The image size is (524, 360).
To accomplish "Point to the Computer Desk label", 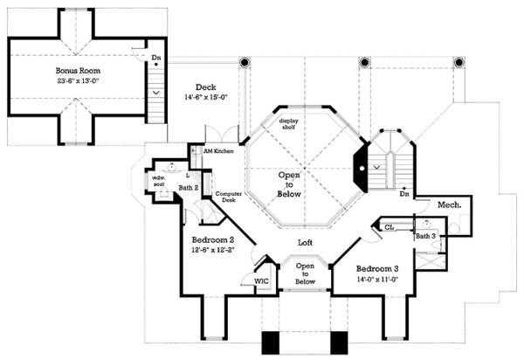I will pyautogui.click(x=229, y=197).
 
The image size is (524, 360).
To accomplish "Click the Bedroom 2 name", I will pyautogui.click(x=212, y=239).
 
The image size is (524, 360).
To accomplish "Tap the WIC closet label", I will pyautogui.click(x=260, y=281).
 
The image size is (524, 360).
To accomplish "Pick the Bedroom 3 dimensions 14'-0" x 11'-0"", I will pyautogui.click(x=378, y=280).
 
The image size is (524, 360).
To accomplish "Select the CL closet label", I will pyautogui.click(x=389, y=227).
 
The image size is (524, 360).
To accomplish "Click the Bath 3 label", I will pyautogui.click(x=425, y=236).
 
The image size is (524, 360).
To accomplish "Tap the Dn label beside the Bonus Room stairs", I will pyautogui.click(x=156, y=59).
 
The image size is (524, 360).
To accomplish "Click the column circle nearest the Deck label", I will pyautogui.click(x=244, y=63).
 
